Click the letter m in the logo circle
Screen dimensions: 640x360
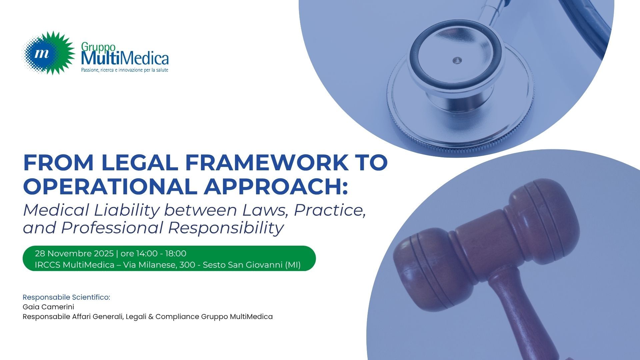(42, 53)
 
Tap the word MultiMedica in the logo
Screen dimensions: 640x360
(125, 58)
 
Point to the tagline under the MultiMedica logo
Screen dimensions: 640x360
(125, 70)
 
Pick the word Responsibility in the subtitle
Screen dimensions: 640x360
(226, 228)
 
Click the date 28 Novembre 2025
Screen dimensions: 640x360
(74, 254)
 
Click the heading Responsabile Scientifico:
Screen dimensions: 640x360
(66, 297)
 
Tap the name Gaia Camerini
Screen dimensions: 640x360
(48, 307)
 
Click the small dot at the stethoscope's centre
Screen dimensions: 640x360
(457, 60)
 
